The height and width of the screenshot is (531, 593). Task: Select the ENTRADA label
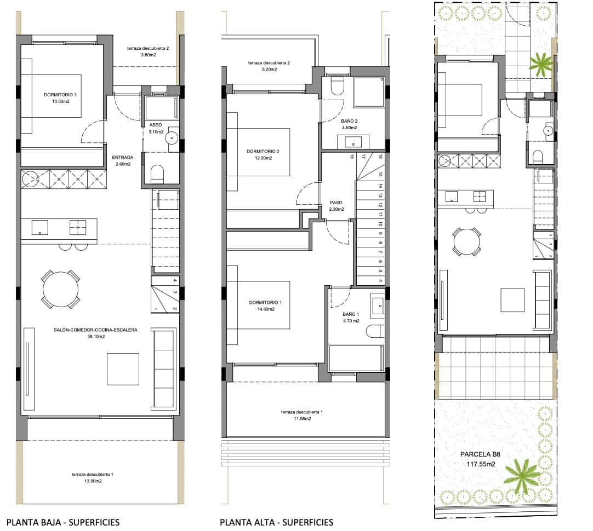pyautogui.click(x=123, y=157)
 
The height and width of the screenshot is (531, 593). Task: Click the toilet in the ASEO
pyautogui.click(x=157, y=175)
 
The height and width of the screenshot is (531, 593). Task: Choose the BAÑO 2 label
pyautogui.click(x=349, y=120)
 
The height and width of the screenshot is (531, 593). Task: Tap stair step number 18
pyautogui.click(x=351, y=157)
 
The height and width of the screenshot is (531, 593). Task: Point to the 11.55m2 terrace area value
pyautogui.click(x=296, y=419)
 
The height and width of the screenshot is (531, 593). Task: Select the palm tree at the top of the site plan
pyautogui.click(x=541, y=64)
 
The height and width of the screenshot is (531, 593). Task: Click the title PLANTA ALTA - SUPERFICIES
pyautogui.click(x=276, y=522)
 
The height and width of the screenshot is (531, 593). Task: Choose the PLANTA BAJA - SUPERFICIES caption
pyautogui.click(x=62, y=522)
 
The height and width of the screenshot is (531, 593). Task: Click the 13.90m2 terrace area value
pyautogui.click(x=92, y=482)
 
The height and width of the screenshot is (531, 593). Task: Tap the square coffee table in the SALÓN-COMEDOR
pyautogui.click(x=123, y=368)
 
